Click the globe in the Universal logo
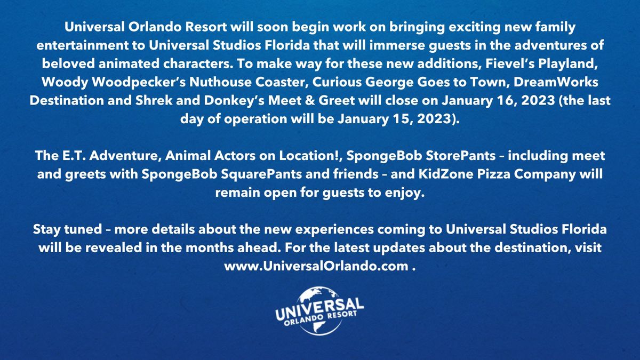tap(320, 296)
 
